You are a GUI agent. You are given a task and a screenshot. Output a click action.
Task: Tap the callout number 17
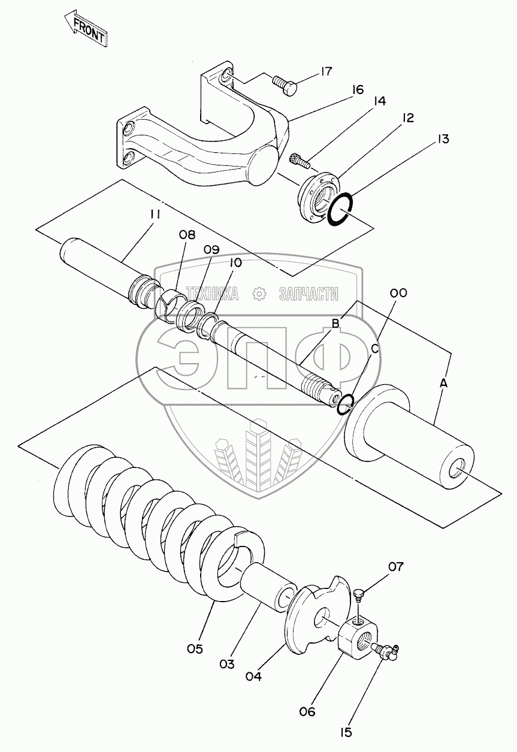[x=325, y=71]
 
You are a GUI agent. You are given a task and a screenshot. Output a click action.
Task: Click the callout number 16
[x=358, y=90]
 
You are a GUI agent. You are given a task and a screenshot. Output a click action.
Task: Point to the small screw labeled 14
[x=298, y=159]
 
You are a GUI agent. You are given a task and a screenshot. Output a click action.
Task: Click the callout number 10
[x=234, y=262]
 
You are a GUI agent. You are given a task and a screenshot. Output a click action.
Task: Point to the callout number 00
[x=398, y=293]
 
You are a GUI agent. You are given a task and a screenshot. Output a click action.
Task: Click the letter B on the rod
[x=335, y=324]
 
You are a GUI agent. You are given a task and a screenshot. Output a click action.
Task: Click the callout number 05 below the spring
[x=195, y=649]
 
